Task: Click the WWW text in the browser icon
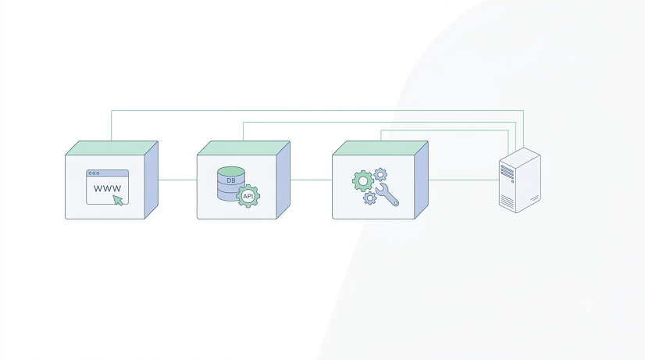(107, 188)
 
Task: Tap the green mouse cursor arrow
(118, 201)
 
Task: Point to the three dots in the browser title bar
(94, 173)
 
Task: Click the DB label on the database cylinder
(231, 180)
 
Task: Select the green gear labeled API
(248, 196)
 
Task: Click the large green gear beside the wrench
(363, 181)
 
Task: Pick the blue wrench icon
(387, 194)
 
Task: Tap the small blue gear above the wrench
(380, 174)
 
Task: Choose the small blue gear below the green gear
(370, 198)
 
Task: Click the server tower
(519, 180)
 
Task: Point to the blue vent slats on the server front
(508, 172)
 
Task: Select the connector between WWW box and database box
(178, 180)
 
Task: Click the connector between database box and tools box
(311, 180)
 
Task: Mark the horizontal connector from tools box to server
(464, 180)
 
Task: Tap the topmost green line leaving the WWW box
(317, 110)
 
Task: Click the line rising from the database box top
(380, 122)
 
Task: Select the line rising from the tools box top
(444, 130)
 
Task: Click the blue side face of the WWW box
(151, 180)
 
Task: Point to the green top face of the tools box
(380, 148)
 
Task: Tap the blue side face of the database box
(283, 180)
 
